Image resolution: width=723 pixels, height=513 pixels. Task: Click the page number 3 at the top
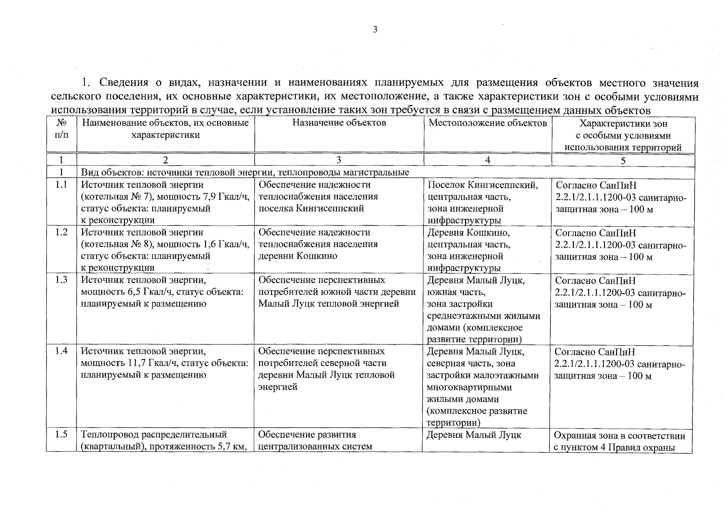click(x=375, y=29)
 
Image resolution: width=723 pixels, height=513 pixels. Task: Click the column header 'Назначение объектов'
click(x=339, y=123)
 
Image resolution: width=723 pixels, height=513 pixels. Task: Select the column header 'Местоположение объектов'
click(x=487, y=123)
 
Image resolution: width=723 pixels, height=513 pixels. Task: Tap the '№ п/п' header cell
click(x=62, y=129)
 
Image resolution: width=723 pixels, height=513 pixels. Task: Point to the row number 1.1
click(x=62, y=185)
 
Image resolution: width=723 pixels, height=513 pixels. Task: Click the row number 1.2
click(x=62, y=233)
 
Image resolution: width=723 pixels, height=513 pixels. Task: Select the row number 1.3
click(x=62, y=280)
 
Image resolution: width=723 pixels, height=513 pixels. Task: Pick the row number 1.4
click(x=62, y=351)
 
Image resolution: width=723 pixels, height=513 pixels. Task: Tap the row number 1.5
click(x=62, y=435)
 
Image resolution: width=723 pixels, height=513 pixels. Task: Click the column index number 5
click(x=623, y=161)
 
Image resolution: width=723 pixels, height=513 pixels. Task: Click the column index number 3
click(x=339, y=160)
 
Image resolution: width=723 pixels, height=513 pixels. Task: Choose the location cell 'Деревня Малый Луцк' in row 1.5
click(x=474, y=435)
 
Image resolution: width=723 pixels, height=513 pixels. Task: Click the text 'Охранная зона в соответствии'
click(x=620, y=436)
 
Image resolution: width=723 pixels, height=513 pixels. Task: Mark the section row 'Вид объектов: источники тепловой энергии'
click(x=245, y=172)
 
